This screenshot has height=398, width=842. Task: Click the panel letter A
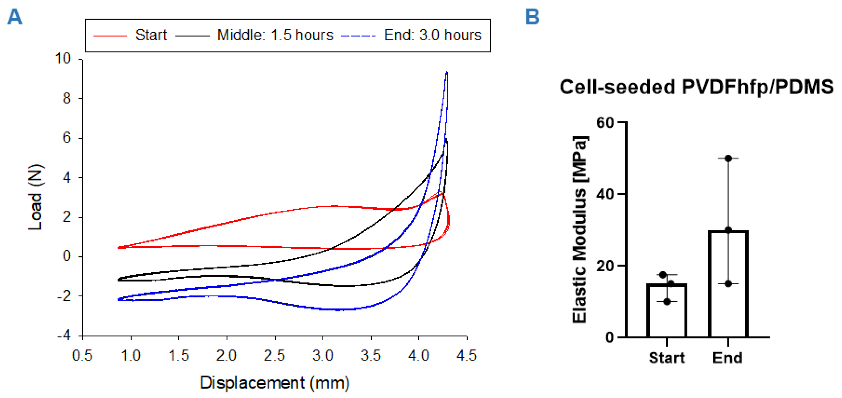coord(15,17)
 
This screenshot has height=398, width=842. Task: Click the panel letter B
coord(532,17)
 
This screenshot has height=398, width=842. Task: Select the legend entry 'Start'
coord(151,35)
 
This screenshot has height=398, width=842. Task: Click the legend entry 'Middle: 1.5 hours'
coord(275,35)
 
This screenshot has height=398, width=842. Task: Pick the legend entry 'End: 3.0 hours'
coord(432,35)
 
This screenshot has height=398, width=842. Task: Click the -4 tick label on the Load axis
coord(64,336)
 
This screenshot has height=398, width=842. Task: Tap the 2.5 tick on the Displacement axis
coord(275,355)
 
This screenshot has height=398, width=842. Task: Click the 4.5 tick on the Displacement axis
coord(467,355)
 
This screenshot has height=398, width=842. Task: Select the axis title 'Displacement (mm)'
coord(275,383)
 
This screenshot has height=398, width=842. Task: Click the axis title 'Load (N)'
coord(35,197)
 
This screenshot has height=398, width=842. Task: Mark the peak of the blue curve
coord(447,72)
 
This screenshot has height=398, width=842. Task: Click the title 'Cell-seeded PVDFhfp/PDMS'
coord(697,87)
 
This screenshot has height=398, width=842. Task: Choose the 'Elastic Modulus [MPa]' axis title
coord(580,229)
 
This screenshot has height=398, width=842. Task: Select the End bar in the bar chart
coord(728,284)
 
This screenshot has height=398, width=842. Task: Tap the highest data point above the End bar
coord(728,158)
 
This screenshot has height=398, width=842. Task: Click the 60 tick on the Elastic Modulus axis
coord(605,123)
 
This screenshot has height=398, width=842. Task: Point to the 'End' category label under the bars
coord(728,358)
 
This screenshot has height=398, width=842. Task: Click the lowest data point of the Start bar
coord(667,302)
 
